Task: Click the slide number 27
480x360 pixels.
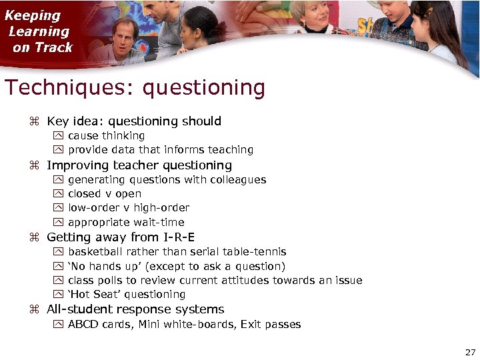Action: [x=470, y=352]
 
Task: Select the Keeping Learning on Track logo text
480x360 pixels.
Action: [x=40, y=31]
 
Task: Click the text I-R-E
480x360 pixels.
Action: [x=178, y=237]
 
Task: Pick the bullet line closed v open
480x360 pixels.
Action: [x=104, y=193]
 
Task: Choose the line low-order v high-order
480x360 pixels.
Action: [x=128, y=207]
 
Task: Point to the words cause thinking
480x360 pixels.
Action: [x=106, y=135]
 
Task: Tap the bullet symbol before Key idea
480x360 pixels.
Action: [x=35, y=122]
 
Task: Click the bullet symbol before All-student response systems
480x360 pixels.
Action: [x=35, y=309]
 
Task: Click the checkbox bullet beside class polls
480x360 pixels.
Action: [x=57, y=280]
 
